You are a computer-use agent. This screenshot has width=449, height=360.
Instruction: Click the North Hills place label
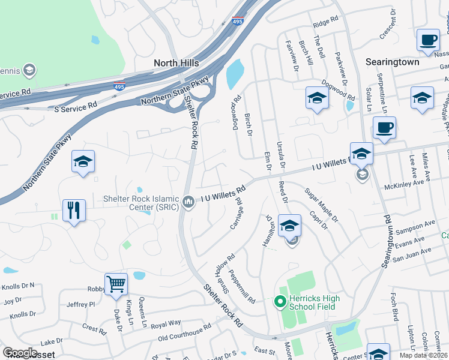(x=178, y=62)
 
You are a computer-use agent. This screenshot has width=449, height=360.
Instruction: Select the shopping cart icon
(x=115, y=284)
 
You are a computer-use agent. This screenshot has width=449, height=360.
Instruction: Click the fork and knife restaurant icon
(x=74, y=210)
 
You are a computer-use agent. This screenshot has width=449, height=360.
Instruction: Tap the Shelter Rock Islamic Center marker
(x=188, y=201)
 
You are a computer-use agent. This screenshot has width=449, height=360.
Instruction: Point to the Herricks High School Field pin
(x=279, y=302)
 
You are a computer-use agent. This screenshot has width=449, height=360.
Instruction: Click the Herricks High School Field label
(x=314, y=302)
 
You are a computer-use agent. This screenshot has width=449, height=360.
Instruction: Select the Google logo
(x=20, y=353)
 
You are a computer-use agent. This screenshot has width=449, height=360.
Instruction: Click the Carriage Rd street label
(x=237, y=214)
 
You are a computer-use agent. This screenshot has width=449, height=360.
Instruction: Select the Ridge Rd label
(x=326, y=22)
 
